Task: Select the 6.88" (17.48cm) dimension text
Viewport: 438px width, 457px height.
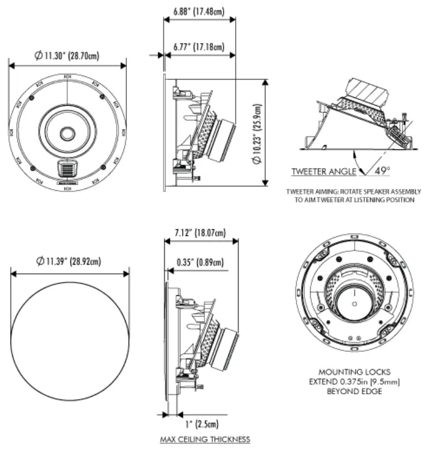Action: tap(199, 11)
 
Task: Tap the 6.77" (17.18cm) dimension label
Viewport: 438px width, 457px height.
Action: tap(199, 47)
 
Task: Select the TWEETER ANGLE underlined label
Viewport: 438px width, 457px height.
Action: tap(323, 171)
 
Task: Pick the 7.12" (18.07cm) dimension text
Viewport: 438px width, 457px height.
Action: tap(199, 233)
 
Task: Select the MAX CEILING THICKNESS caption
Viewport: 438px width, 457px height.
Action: tap(205, 439)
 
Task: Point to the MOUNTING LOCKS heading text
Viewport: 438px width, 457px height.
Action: tap(354, 371)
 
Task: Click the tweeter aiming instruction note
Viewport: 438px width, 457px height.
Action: tap(354, 195)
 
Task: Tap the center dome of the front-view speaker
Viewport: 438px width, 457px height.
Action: tap(67, 133)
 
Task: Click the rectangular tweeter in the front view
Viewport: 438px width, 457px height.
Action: tap(66, 167)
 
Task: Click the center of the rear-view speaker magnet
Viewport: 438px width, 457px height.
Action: tap(354, 303)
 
